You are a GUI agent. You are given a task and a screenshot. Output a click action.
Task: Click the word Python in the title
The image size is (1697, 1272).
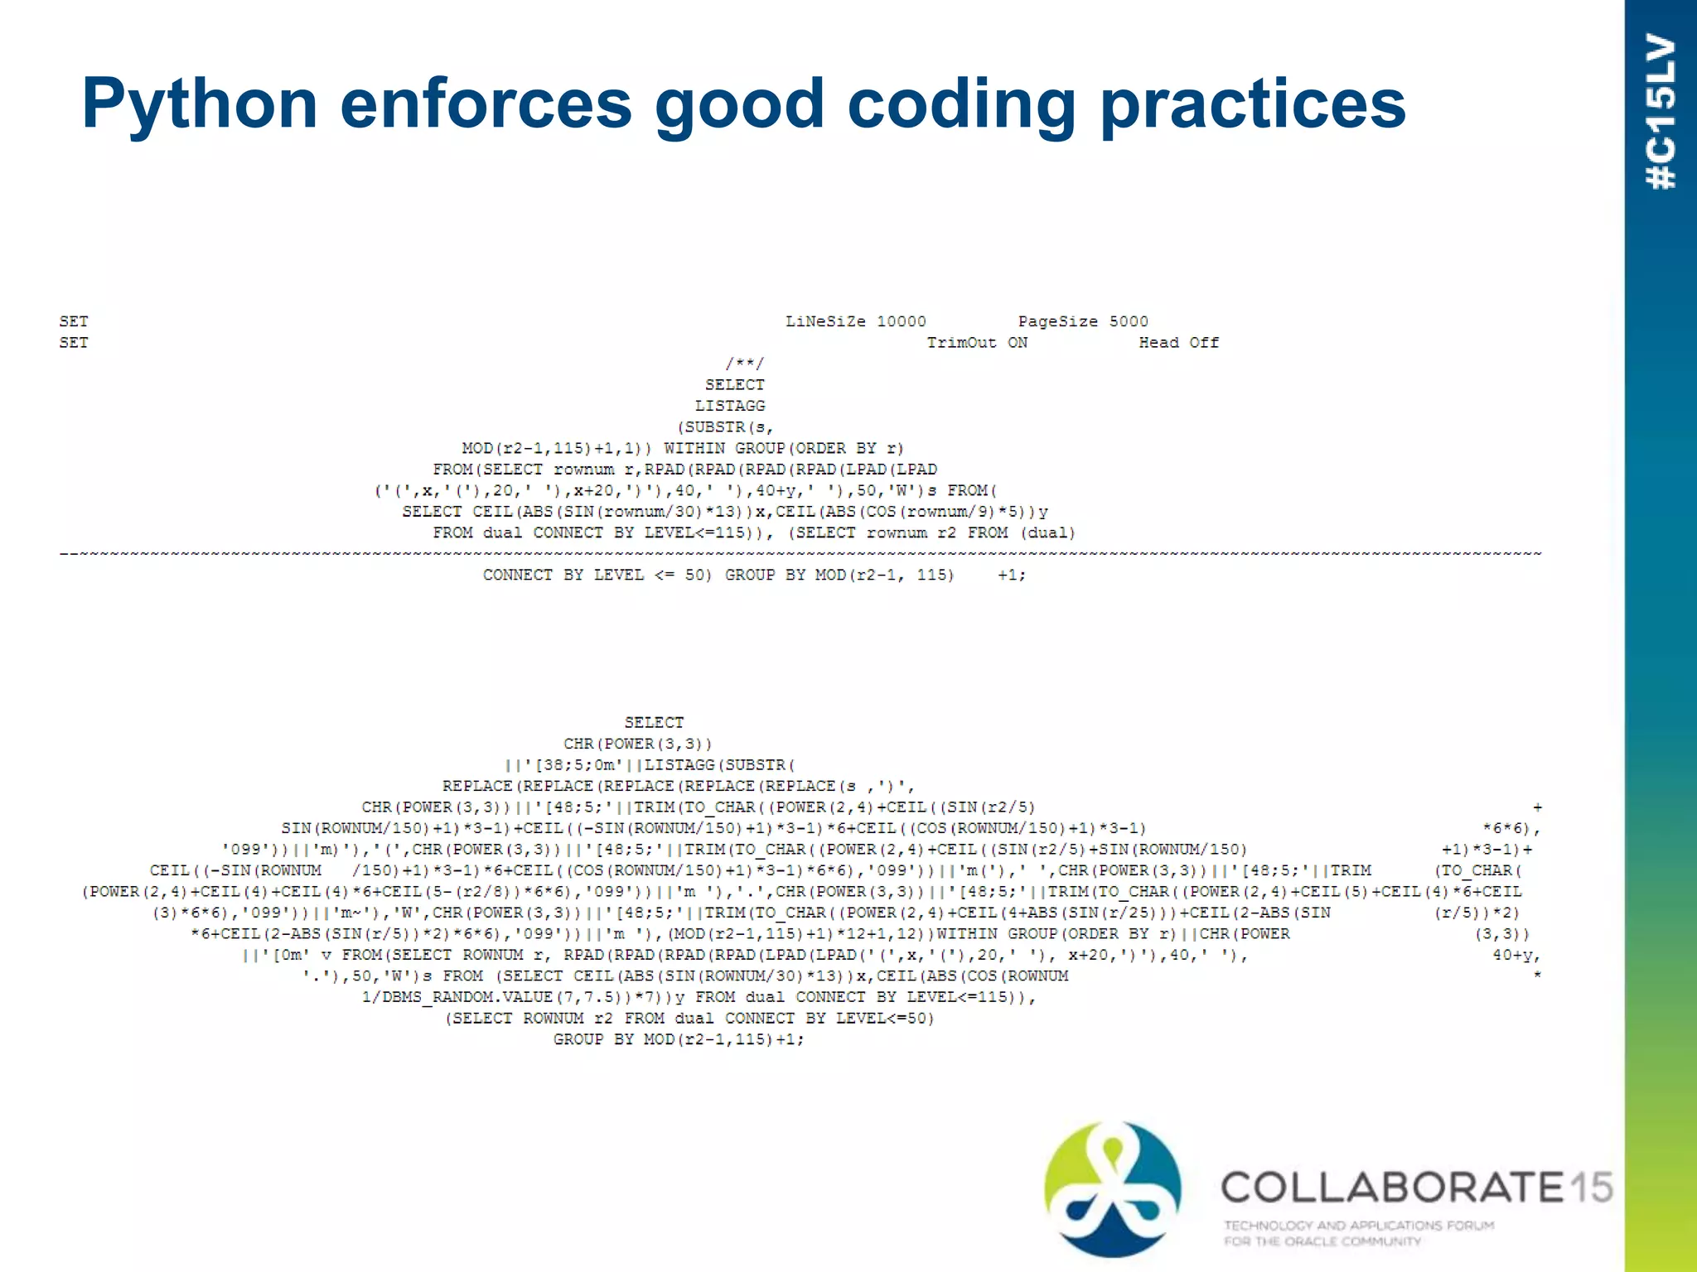[x=200, y=105]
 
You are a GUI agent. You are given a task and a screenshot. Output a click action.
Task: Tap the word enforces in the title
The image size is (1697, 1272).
[x=486, y=104]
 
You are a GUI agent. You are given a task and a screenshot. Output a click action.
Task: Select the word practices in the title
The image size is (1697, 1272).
[x=1252, y=105]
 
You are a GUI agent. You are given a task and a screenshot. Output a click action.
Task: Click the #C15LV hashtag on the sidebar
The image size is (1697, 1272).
[x=1661, y=112]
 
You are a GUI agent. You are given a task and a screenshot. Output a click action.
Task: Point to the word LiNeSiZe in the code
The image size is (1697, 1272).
[x=825, y=321]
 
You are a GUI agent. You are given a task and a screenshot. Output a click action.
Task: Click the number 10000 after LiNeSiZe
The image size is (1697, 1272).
[x=902, y=321]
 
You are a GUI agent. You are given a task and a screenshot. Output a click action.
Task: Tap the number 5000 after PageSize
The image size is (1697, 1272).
[x=1129, y=321]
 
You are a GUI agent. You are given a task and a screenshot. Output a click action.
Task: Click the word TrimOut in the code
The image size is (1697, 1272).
[x=961, y=343]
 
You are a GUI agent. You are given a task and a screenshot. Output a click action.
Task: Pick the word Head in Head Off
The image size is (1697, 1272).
[x=1158, y=343]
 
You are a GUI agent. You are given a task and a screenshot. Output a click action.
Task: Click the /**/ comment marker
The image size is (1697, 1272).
[x=745, y=364]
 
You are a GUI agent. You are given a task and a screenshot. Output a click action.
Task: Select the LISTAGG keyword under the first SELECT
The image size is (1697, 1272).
[x=730, y=406]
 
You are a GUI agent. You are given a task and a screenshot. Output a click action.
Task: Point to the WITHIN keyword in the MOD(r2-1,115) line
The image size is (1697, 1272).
[x=694, y=448]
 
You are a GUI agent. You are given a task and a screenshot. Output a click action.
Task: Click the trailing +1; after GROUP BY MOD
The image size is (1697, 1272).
[x=1011, y=575]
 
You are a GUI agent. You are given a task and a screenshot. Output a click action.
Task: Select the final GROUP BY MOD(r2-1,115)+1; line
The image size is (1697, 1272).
[x=679, y=1039]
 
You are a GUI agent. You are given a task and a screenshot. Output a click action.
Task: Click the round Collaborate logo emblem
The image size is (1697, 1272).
[x=1112, y=1188]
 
